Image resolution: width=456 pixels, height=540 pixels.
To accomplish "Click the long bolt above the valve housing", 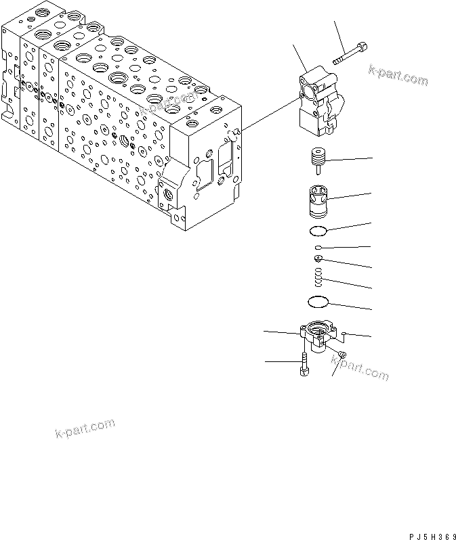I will coord(350,55).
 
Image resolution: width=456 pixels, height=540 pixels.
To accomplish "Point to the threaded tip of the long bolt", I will coord(337,63).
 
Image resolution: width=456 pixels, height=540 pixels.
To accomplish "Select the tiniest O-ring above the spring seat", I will coord(318,248).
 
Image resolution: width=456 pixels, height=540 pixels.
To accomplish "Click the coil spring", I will coord(318,277).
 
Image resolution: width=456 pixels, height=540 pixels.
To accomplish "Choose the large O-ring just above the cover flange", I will coord(318,300).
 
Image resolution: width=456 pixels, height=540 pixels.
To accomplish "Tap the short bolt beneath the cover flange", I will coord(302,365).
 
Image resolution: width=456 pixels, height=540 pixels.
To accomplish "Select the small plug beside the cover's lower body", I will coord(341,355).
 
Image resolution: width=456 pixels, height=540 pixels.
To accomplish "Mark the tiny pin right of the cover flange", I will coord(344,333).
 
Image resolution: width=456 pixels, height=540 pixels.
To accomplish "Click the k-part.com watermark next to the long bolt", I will coord(398,75).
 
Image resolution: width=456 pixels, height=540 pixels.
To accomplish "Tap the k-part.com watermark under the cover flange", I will coord(359,371).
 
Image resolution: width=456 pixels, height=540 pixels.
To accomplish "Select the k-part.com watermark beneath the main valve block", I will coord(84,430).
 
